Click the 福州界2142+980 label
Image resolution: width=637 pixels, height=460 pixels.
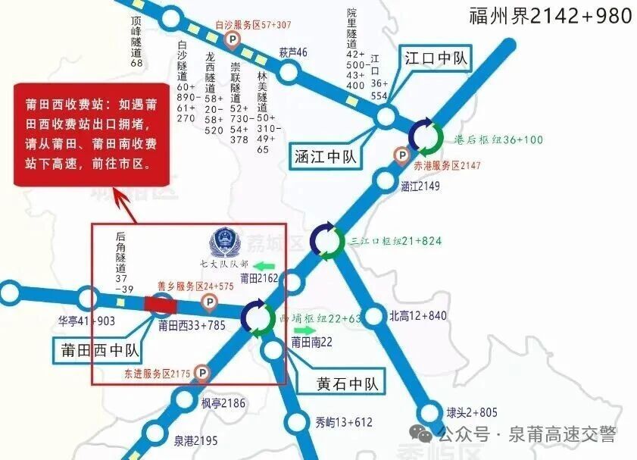click(551, 16)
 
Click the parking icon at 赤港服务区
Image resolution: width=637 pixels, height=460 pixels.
click(402, 155)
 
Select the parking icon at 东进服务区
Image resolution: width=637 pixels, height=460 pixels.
click(202, 372)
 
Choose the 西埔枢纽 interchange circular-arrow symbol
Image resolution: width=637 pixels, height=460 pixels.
click(258, 318)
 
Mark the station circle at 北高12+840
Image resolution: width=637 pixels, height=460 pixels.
click(374, 315)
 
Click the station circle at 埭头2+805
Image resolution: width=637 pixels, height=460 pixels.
click(430, 413)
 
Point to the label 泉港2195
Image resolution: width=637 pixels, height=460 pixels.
click(195, 441)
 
